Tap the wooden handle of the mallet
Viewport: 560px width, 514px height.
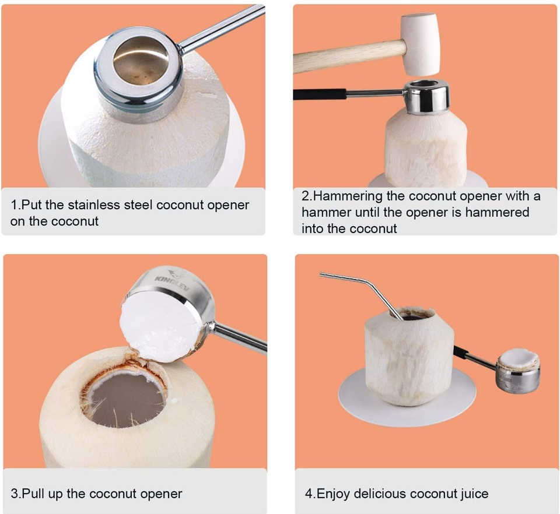point(350,55)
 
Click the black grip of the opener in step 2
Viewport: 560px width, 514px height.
point(320,94)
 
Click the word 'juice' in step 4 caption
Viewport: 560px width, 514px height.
point(474,494)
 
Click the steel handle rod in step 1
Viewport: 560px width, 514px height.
point(222,28)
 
